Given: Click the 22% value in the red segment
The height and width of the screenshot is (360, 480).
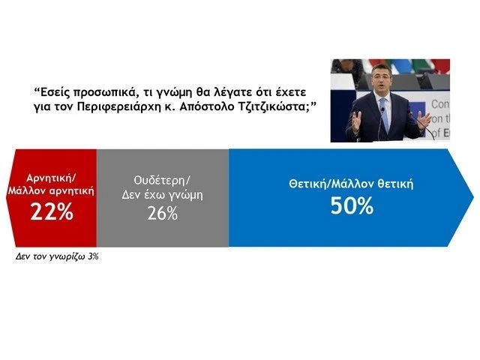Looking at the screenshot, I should click(52, 211).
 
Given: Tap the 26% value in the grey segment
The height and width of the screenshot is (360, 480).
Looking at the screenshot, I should click(162, 213).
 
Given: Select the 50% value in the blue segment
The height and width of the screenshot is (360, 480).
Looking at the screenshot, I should click(351, 205).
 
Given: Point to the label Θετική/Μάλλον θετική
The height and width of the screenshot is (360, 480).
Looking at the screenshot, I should click(351, 184).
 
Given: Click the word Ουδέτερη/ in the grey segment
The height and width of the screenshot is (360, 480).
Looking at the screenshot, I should click(162, 179).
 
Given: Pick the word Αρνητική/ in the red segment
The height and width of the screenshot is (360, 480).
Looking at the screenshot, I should click(52, 178).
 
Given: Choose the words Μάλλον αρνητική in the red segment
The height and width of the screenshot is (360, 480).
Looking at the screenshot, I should click(52, 190).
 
